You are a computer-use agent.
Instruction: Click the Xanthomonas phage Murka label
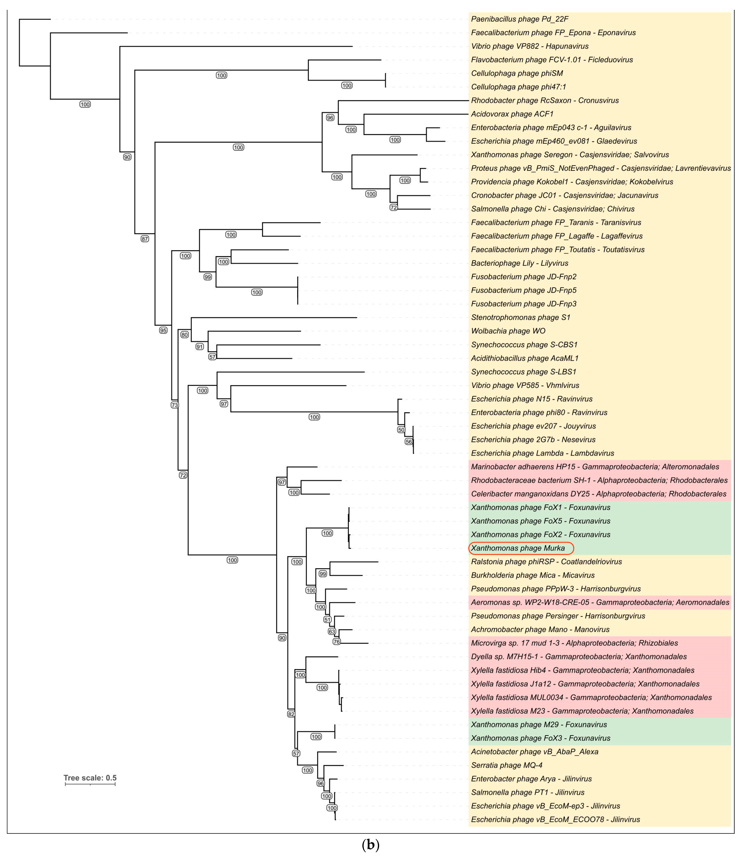518,548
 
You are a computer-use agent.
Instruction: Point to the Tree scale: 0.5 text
90,778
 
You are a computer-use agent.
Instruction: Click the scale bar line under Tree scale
90,784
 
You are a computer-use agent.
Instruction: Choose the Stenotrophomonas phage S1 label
520,317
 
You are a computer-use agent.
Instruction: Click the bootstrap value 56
408,441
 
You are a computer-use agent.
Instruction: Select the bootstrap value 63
332,631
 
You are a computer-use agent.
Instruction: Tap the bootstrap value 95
163,330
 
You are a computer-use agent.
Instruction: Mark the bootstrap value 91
200,347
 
